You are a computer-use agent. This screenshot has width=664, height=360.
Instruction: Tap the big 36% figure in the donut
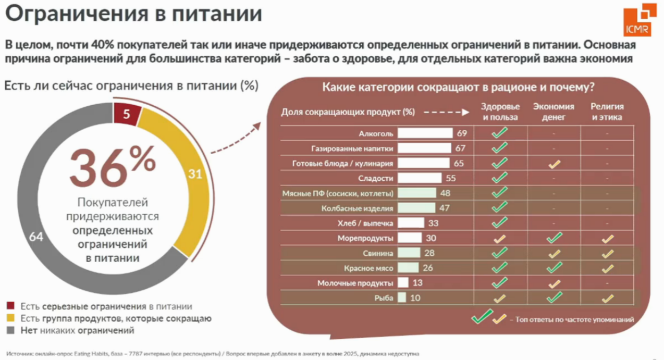tap(113, 166)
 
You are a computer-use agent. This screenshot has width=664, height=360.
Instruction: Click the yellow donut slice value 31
tap(195, 174)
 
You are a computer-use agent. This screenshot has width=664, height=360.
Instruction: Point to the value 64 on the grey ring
tap(36, 237)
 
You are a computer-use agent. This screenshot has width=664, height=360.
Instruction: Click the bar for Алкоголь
tap(425, 133)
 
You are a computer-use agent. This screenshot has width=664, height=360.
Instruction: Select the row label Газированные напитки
tap(352, 148)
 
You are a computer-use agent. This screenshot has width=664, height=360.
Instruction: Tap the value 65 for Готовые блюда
tap(459, 164)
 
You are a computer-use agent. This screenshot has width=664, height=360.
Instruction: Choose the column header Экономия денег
tap(554, 111)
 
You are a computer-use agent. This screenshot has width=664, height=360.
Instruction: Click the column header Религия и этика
tap(607, 111)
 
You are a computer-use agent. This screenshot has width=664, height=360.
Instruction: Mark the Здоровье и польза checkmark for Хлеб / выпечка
tap(500, 223)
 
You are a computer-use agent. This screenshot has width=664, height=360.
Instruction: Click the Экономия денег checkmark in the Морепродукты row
tap(554, 238)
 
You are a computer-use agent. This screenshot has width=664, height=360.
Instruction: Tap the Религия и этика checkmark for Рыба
tap(607, 299)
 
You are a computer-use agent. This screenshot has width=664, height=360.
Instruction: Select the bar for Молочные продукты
tap(402, 283)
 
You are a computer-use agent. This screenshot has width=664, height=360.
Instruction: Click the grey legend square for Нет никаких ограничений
tap(11, 330)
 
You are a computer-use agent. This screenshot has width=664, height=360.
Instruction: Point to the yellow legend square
tap(11, 318)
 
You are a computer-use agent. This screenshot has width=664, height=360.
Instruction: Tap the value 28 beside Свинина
tap(431, 253)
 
